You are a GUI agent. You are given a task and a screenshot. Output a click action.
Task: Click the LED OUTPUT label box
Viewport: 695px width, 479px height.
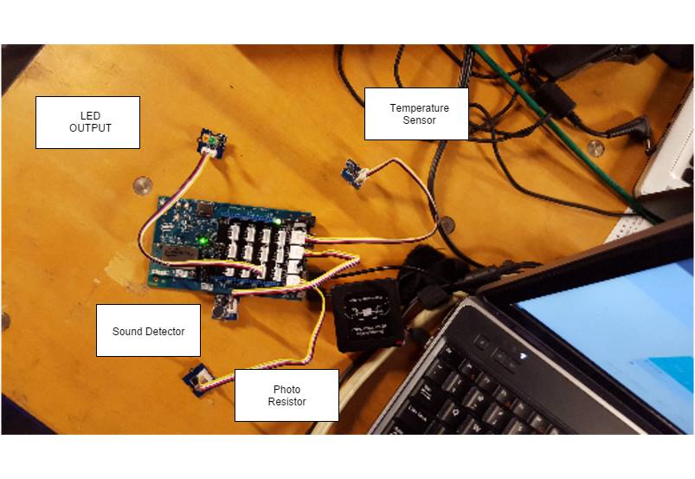point(87,122)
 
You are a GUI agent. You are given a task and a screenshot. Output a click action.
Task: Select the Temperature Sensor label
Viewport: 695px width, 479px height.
point(416,113)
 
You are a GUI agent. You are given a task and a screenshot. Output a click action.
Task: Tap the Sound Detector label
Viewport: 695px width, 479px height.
point(148,331)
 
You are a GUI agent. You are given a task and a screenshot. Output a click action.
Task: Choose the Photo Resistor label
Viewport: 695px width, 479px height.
point(286,396)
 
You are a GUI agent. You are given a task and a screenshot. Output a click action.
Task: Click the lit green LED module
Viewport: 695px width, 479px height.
point(210,139)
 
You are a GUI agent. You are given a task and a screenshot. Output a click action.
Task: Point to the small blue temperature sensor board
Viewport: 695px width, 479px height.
point(353,172)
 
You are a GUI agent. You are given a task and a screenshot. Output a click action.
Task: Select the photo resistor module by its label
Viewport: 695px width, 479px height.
point(195,377)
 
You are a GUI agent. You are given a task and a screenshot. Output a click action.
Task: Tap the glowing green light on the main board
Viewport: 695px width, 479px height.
point(203,239)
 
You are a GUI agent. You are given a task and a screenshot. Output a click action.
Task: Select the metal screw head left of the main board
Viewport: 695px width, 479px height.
point(142,184)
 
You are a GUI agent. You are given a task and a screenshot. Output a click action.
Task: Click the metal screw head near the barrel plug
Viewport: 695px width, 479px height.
point(595,147)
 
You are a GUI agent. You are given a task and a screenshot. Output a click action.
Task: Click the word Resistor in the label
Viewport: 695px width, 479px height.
point(286,402)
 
